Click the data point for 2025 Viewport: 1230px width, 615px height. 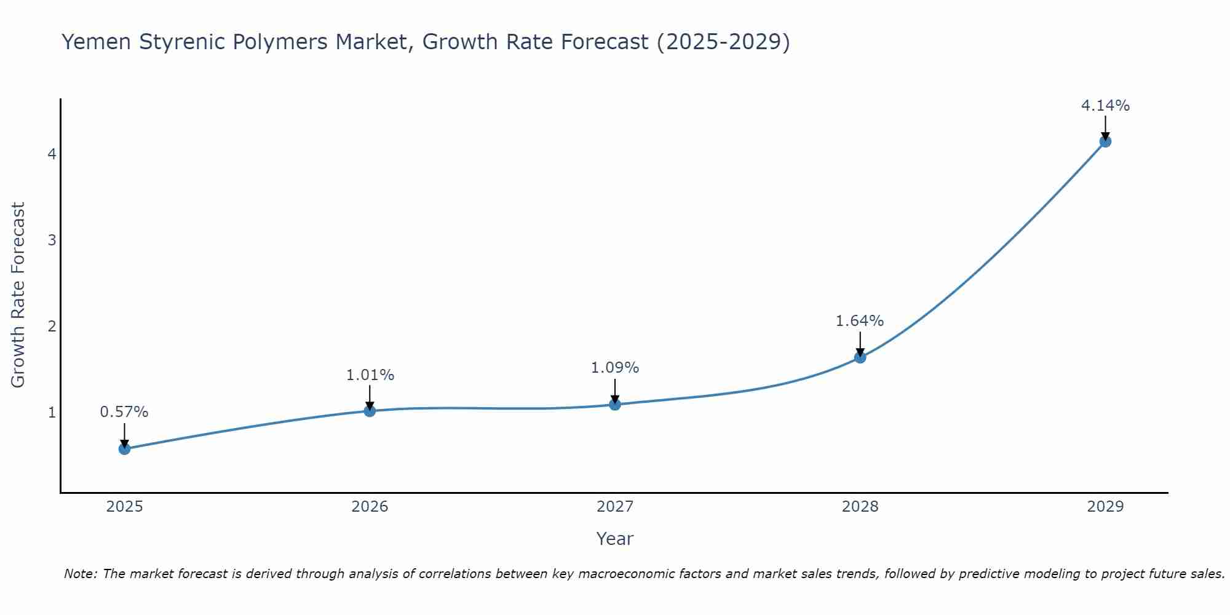pos(124,448)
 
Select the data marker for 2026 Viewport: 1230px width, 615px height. pos(370,410)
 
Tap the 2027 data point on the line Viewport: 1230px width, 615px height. pos(615,404)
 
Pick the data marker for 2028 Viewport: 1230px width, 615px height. pos(860,357)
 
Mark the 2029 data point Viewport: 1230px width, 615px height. pos(1105,141)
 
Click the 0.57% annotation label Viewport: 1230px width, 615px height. pos(124,412)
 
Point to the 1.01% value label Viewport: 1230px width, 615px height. pos(370,375)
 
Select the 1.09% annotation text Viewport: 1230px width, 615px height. pos(615,368)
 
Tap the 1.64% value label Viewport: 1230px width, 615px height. pos(860,321)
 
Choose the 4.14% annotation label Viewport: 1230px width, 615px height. pos(1105,106)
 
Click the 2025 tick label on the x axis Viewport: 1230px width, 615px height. pos(124,507)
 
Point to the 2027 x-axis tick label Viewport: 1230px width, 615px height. pos(615,507)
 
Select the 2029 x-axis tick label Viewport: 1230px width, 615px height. pos(1105,507)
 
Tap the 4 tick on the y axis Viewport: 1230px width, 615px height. pos(52,154)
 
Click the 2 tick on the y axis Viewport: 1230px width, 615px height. pos(52,326)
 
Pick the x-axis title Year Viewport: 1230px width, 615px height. pos(615,539)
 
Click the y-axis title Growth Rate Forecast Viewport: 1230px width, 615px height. pos(18,295)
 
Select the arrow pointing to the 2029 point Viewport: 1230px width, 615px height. pos(1105,127)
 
